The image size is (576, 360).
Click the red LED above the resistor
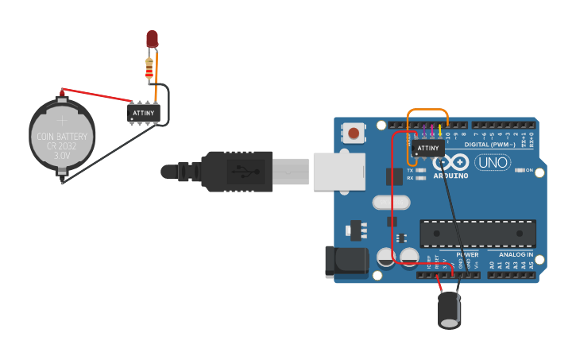(152, 39)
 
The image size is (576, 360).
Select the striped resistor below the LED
(151, 70)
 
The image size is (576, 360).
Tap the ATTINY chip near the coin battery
(144, 113)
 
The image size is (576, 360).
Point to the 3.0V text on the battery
(62, 157)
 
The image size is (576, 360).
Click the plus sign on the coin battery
(62, 121)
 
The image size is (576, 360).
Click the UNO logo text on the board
(493, 163)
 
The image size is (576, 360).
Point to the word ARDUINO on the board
(450, 175)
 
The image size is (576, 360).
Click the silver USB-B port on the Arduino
(338, 171)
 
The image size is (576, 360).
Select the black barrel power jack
(346, 262)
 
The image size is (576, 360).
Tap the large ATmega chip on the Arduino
(477, 231)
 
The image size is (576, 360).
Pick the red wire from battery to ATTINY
(95, 95)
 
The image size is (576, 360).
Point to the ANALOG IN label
(516, 254)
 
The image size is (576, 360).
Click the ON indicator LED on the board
(521, 170)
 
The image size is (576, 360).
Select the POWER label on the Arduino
(467, 254)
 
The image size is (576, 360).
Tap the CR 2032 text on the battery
(62, 146)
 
